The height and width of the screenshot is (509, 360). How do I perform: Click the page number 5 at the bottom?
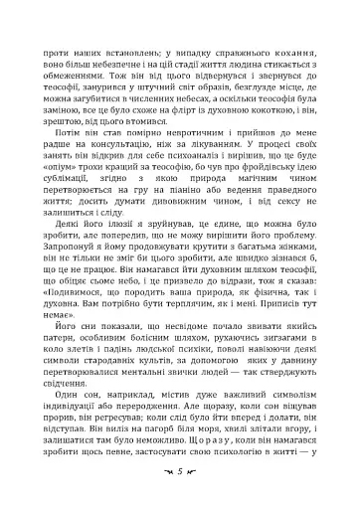[180, 469]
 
